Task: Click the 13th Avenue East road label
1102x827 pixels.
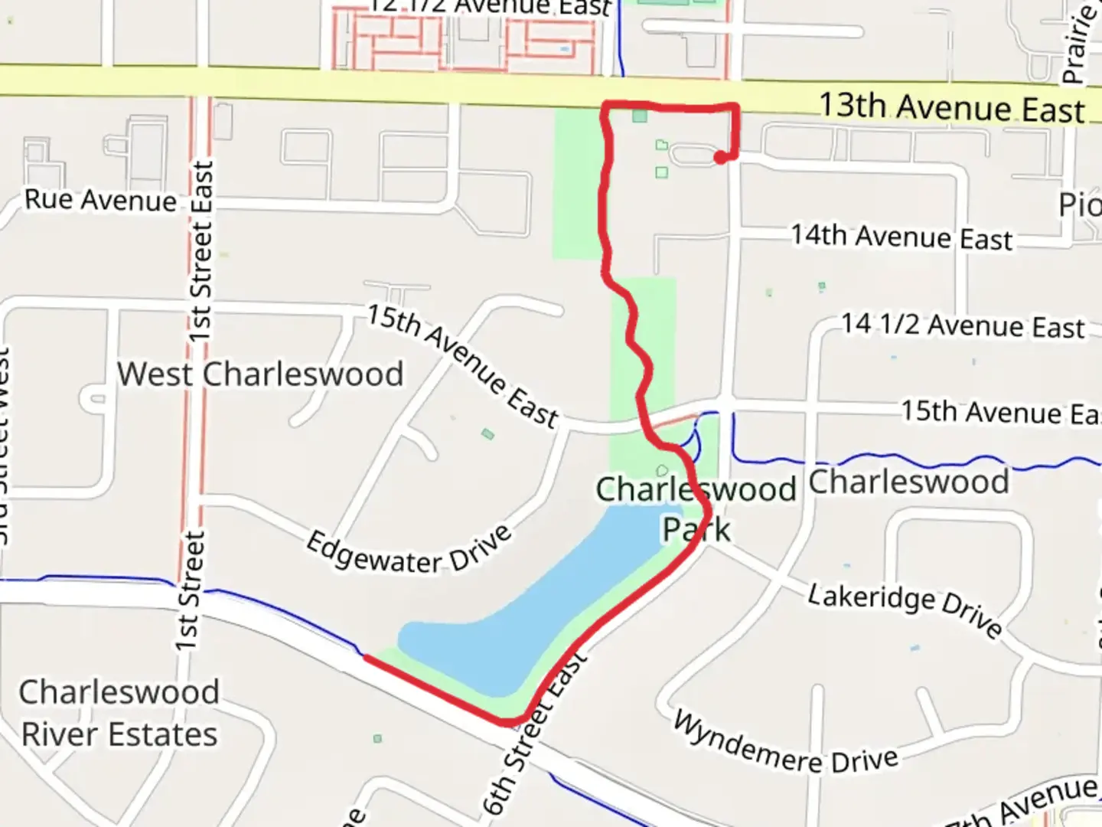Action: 951,107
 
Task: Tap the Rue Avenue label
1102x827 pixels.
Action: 100,200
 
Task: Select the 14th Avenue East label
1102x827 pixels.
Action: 901,237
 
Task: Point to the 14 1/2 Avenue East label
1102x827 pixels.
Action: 963,325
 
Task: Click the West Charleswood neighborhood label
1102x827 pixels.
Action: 260,374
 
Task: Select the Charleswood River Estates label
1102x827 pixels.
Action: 119,713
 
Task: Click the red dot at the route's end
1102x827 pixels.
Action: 720,158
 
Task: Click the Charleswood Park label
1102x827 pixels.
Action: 696,508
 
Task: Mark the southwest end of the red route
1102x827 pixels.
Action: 366,657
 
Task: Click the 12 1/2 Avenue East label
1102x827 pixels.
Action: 490,7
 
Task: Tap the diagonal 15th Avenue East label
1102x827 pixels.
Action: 462,364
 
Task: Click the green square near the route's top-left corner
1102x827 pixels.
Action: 640,116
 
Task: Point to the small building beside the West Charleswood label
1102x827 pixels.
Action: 487,434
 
